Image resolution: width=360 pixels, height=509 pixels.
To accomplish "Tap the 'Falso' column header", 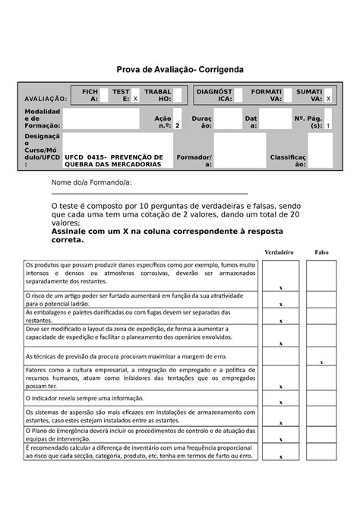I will (321, 251).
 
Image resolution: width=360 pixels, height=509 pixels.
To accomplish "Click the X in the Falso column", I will (321, 362).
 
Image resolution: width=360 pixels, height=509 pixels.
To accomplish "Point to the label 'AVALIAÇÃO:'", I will (46, 100).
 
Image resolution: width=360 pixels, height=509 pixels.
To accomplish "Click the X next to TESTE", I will (135, 100).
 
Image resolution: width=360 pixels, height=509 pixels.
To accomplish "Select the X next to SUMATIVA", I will (328, 100).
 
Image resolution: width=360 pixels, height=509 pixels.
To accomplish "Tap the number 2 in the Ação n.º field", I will (177, 125).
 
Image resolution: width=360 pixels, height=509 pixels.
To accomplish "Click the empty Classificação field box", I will (320, 152).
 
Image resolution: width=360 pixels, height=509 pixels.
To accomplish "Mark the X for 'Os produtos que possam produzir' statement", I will (280, 288).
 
